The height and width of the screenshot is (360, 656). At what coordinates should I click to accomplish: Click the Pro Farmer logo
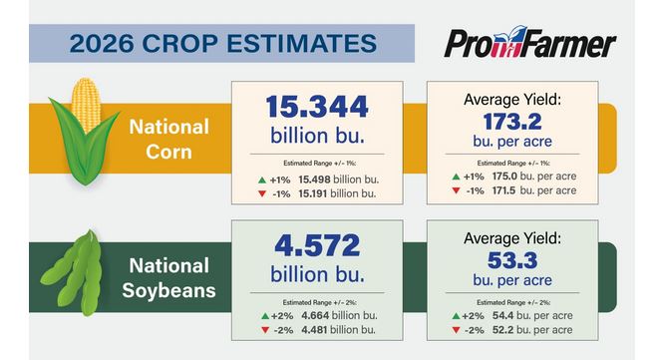pos(529,42)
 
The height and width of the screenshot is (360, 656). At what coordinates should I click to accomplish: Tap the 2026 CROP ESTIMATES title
pos(223,44)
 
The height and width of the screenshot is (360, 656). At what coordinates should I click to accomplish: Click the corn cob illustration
pos(85,132)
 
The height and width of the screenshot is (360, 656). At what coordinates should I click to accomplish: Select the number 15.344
pos(317,107)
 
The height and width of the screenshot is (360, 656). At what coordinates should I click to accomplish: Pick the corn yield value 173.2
pos(512,122)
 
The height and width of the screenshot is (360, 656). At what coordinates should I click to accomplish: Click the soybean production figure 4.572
pos(317,245)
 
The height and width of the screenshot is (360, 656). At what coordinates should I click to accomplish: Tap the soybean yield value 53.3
pos(512,261)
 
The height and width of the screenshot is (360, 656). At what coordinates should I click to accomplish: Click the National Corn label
pos(169,140)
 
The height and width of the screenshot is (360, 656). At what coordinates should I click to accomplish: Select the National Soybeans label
pos(169,278)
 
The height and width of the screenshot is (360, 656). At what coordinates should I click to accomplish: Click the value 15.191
pos(312,193)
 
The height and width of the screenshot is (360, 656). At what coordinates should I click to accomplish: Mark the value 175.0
pos(504,177)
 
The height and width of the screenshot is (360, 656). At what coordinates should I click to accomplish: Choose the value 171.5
pos(504,190)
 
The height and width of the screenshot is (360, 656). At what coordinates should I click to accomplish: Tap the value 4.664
pos(315,316)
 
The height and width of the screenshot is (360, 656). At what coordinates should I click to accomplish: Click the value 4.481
pos(314,330)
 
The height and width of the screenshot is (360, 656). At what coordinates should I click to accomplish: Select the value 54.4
pos(503,316)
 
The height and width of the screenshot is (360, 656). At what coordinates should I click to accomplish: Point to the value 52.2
pos(502,330)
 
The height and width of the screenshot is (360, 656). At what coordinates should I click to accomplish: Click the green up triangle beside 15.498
pos(262,180)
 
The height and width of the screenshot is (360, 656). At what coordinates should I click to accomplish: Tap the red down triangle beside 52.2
pos(456,330)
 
